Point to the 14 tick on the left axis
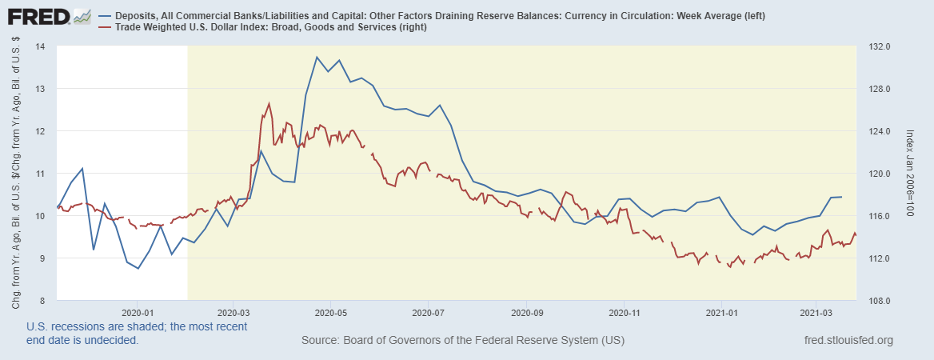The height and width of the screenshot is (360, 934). tap(41, 46)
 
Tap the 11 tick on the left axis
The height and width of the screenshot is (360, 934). tap(41, 174)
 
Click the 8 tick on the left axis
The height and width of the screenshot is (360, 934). tap(42, 301)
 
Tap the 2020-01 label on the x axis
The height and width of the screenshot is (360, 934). tap(138, 313)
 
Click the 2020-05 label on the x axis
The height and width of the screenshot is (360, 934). tap(330, 313)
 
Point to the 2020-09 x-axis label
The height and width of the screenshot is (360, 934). tap(527, 313)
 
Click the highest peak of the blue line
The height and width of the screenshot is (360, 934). tap(317, 57)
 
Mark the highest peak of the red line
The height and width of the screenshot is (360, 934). tap(269, 103)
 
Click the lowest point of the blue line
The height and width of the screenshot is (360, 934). tap(138, 268)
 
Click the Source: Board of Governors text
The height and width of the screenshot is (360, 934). tap(462, 341)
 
